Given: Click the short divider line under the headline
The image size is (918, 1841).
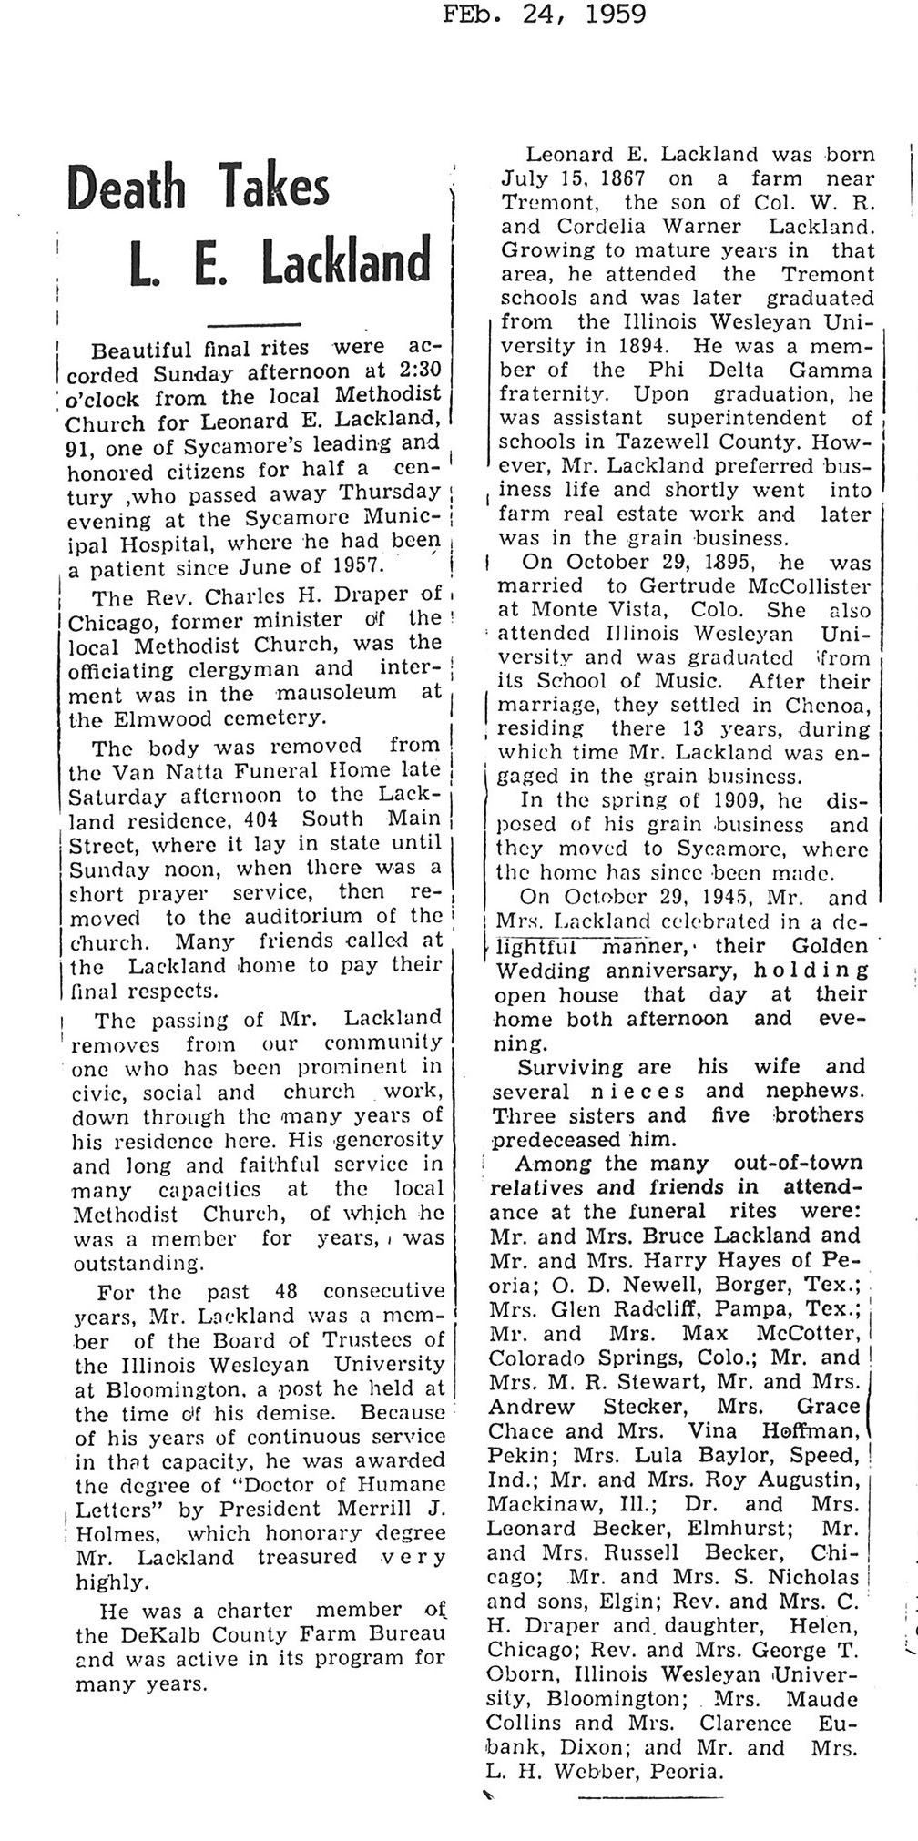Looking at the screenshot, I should (x=254, y=324).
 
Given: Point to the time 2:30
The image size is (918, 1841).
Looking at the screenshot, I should (x=414, y=372).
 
